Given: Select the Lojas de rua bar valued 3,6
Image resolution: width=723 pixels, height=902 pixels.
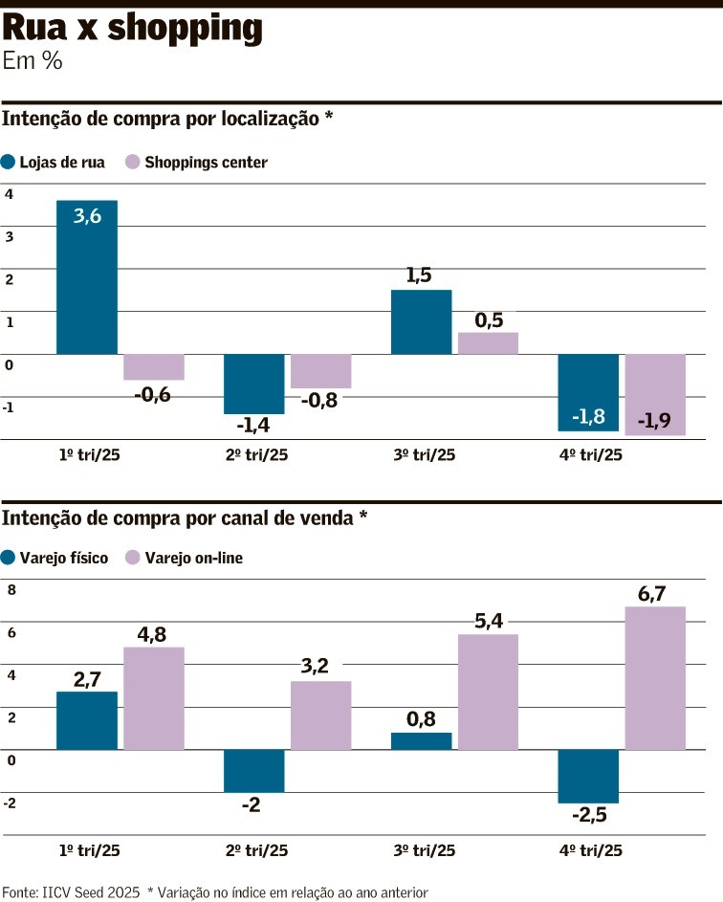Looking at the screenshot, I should pyautogui.click(x=87, y=277).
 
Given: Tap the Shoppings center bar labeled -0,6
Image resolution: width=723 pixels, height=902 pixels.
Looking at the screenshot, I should pyautogui.click(x=154, y=367).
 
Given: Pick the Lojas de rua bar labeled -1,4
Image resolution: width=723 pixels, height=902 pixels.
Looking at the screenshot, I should pyautogui.click(x=254, y=384).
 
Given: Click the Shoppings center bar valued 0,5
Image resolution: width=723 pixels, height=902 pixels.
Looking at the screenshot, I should pyautogui.click(x=488, y=343).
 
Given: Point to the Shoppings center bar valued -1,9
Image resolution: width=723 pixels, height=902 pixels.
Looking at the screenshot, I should pyautogui.click(x=655, y=394).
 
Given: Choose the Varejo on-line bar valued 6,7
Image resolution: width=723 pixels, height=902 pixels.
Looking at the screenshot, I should pyautogui.click(x=655, y=677).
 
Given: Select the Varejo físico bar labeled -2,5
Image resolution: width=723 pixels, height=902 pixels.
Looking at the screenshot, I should pyautogui.click(x=588, y=776).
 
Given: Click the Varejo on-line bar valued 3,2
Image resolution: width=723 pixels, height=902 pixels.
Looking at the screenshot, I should pyautogui.click(x=321, y=715).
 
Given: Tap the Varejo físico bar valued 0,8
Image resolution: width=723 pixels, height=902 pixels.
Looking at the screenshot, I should pyautogui.click(x=422, y=741).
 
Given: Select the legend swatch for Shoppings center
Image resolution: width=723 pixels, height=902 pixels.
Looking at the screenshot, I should pyautogui.click(x=133, y=162).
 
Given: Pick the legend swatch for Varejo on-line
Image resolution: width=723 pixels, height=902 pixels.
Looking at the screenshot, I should pyautogui.click(x=134, y=558).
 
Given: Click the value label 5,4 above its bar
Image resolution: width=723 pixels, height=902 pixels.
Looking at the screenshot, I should pyautogui.click(x=489, y=622).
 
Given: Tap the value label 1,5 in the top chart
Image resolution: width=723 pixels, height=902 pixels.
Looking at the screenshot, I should pyautogui.click(x=419, y=275).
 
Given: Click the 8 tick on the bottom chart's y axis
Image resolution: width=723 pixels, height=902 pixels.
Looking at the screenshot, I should pyautogui.click(x=11, y=590).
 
